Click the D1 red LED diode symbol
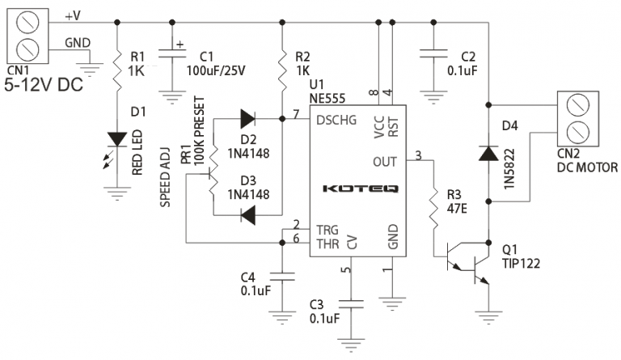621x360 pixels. [x=117, y=140]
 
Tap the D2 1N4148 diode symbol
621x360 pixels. [x=247, y=118]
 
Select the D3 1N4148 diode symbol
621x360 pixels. [x=248, y=215]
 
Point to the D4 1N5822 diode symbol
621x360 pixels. [x=488, y=153]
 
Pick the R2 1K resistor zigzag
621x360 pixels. [x=282, y=70]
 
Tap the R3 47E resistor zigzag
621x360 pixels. [x=434, y=209]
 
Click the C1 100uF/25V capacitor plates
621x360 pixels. [x=172, y=54]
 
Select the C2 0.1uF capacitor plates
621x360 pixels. [x=433, y=54]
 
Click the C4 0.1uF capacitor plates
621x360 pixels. [x=282, y=277]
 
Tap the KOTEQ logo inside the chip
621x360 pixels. [x=360, y=188]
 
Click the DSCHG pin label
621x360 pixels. [x=336, y=120]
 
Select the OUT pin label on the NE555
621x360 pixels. [x=385, y=162]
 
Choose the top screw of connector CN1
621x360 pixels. [x=27, y=22]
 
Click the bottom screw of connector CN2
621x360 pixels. [x=578, y=133]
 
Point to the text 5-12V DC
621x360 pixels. [x=44, y=85]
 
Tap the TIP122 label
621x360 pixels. [x=521, y=264]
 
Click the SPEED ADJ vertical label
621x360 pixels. [x=165, y=177]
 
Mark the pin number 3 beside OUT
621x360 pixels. [x=418, y=155]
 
